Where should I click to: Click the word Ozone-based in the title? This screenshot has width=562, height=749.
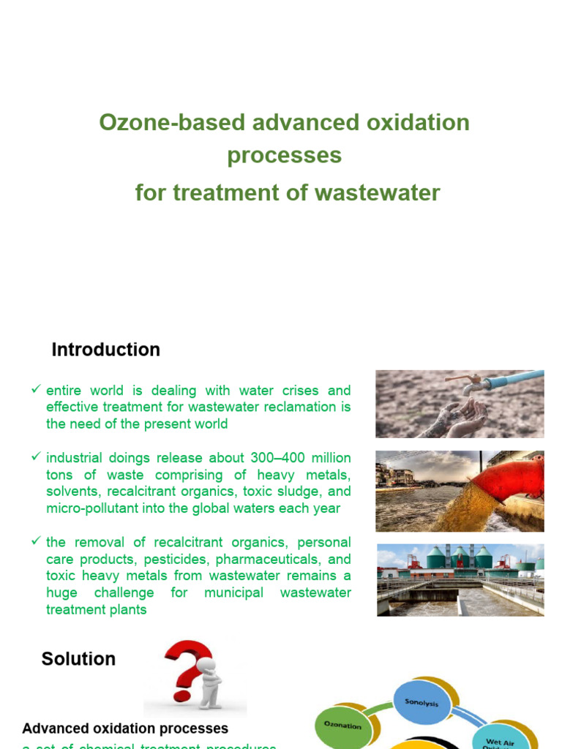click(x=172, y=122)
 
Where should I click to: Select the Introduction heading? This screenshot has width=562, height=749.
click(x=105, y=350)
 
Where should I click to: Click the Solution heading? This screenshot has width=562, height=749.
click(x=78, y=658)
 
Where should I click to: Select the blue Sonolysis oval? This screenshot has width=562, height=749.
click(x=421, y=701)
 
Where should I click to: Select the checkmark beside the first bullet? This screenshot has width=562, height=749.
click(x=35, y=389)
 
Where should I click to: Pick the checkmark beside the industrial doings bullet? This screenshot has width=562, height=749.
click(x=35, y=456)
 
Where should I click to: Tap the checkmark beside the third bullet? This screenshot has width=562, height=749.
click(x=35, y=541)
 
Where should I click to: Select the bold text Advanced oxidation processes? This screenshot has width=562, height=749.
click(x=125, y=729)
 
